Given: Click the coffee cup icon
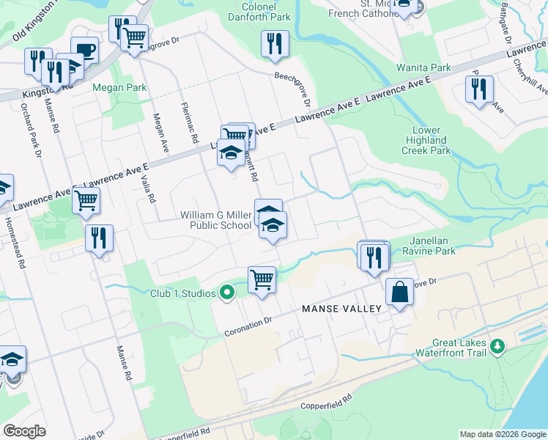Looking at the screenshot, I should click(85, 50).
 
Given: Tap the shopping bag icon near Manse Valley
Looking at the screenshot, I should click(400, 292).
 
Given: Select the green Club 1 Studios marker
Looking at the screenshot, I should click(227, 293).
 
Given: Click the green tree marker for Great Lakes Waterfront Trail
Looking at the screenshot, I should click(497, 345).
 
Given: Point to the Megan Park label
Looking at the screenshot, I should click(119, 88).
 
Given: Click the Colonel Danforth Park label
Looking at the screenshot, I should click(259, 12).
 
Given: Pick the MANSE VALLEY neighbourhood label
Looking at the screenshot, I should click(341, 309).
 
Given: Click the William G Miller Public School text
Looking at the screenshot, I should click(216, 220).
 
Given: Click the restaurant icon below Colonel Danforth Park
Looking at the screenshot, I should click(275, 43).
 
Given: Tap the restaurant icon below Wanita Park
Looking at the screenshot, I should click(479, 89).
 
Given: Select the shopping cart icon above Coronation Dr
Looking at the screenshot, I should click(262, 279).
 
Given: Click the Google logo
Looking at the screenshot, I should click(24, 431).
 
